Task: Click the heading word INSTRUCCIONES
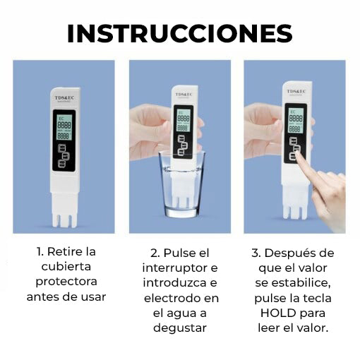(x=179, y=34)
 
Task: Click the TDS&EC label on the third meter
(x=295, y=92)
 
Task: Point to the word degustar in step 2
(x=181, y=328)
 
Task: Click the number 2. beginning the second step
(x=155, y=252)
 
